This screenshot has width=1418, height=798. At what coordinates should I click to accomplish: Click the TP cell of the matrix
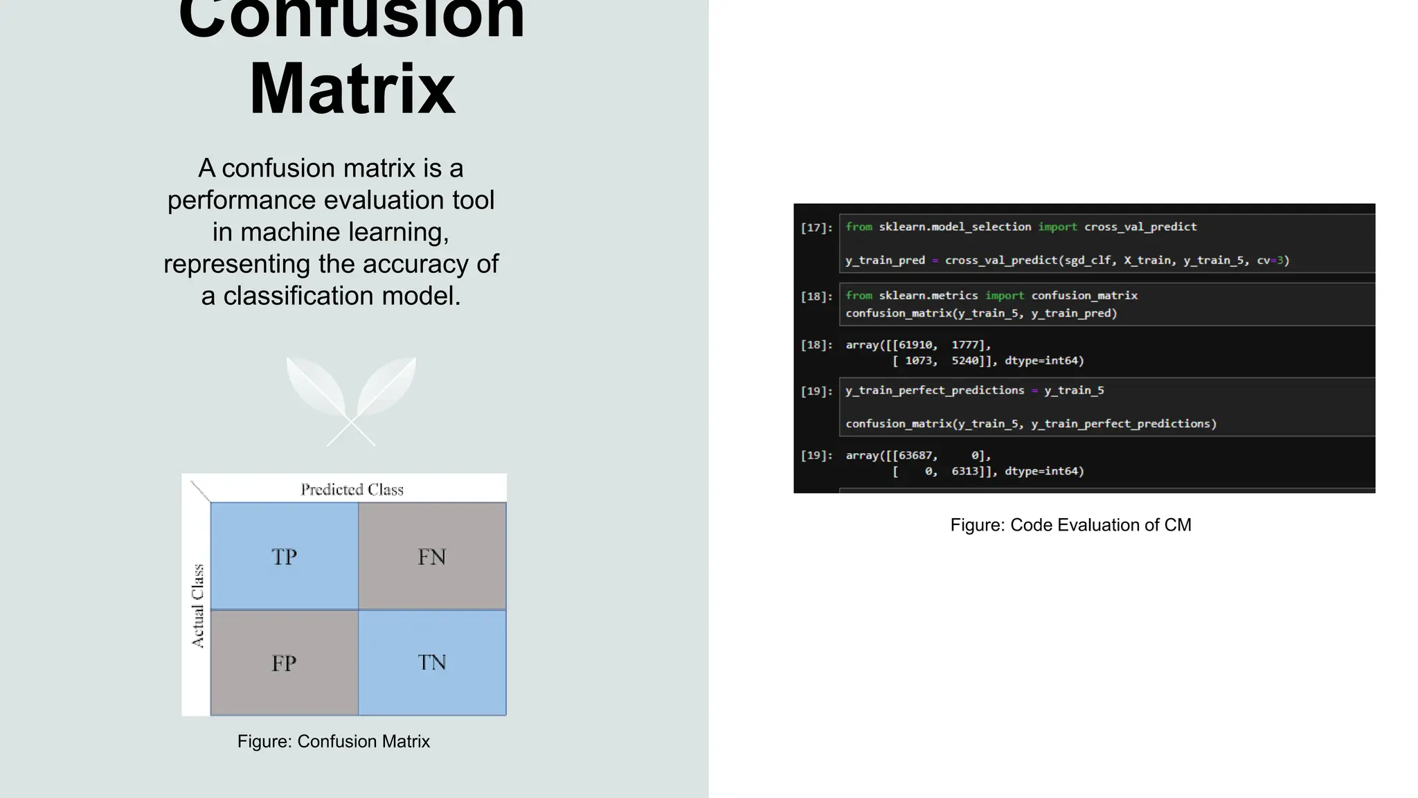point(284,556)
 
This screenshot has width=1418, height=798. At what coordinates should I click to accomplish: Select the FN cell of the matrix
point(432,556)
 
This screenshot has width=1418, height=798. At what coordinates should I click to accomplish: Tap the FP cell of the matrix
point(284,663)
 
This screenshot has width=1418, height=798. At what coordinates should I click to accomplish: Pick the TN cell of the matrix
point(432,663)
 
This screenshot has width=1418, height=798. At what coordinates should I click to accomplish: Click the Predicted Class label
point(352,490)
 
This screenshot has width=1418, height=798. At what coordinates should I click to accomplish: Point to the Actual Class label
point(198,606)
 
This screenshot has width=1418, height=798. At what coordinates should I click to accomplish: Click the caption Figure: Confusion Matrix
point(334,741)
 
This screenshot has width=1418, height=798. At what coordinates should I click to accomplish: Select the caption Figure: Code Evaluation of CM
point(1070,525)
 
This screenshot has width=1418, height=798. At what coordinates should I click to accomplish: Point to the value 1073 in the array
point(919,361)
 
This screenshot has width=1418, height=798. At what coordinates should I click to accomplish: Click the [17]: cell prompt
point(816,228)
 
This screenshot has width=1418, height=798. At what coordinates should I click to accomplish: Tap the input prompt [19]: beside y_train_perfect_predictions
point(816,391)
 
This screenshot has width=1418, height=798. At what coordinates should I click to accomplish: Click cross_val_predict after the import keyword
point(1140,227)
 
